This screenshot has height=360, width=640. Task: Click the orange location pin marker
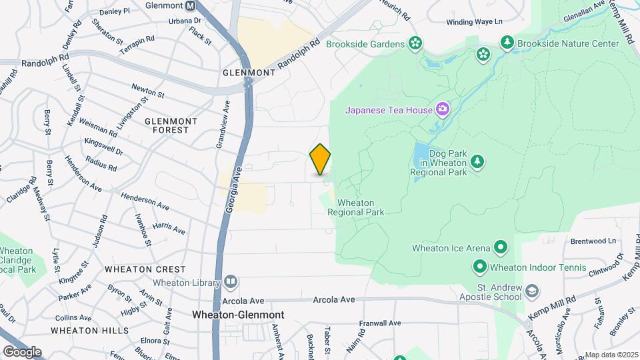pos(321,159)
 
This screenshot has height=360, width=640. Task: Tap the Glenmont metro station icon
pos(191,6)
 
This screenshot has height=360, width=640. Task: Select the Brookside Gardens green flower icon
pos(416,44)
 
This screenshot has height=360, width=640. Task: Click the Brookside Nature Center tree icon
pos(507,43)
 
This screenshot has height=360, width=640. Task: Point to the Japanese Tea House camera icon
pos(442,109)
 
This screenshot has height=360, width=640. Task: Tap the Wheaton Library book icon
pos(231,281)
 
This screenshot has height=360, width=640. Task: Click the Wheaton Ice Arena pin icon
pos(501,248)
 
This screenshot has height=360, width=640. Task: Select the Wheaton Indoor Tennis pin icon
pos(479,267)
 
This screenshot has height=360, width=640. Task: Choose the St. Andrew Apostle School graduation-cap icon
pos(532,291)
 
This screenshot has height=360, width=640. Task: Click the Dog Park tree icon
pos(477,161)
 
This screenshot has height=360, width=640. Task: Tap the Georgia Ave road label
pos(231,191)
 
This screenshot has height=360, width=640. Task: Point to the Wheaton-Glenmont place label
pos(238,315)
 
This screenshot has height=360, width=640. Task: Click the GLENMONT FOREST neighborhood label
pos(171,125)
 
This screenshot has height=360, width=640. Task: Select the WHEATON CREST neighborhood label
pos(145,269)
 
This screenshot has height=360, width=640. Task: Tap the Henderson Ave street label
pos(145,201)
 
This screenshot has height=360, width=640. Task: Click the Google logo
pos(22,351)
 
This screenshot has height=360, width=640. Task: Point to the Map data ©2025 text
pos(611,355)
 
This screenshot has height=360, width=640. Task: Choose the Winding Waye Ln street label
pos(473,22)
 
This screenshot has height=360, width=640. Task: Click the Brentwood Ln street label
pos(593,241)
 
